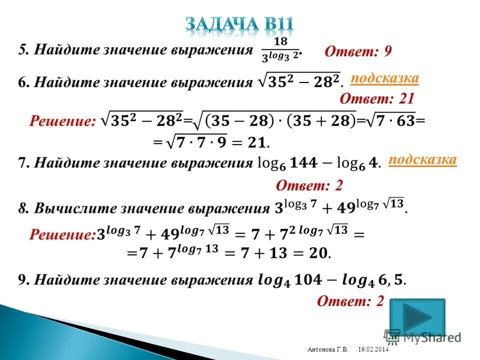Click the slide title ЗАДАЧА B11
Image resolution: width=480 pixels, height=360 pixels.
coord(239,24)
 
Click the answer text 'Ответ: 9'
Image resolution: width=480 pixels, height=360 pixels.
coord(358,51)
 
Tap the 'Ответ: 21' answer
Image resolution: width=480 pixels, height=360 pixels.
coord(377,98)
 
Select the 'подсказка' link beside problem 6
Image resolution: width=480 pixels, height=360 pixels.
coord(384,78)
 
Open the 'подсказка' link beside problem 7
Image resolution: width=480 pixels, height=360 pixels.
coord(422,159)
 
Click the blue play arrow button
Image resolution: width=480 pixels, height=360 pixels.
coord(417,317)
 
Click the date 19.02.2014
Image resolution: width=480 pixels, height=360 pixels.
coord(373,349)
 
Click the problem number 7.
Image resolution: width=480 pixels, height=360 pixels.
coord(23,163)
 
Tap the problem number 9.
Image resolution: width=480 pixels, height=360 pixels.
coord(23,280)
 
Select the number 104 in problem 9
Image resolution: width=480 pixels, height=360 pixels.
coord(321,280)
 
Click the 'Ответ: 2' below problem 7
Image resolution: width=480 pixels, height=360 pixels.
coord(309,186)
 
